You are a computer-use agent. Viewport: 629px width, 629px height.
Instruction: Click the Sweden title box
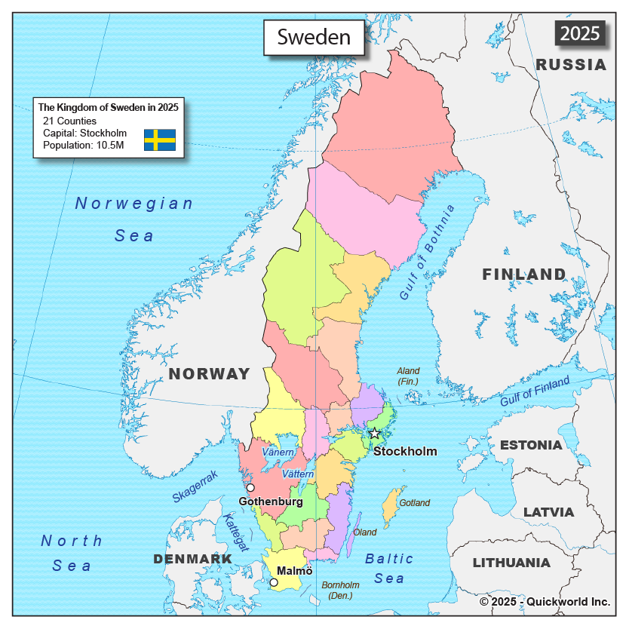314,37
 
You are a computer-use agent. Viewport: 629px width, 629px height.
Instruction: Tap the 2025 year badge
580,33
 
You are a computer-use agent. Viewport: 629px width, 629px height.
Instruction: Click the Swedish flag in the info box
160,140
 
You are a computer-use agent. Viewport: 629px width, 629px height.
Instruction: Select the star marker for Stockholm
375,433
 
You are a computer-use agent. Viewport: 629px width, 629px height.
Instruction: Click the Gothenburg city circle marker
250,488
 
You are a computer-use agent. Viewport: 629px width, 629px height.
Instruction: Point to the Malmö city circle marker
274,582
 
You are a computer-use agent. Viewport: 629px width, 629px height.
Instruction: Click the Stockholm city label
405,451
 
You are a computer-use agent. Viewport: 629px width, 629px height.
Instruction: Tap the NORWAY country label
209,373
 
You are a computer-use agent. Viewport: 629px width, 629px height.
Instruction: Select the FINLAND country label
524,275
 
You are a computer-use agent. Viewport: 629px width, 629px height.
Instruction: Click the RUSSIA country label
571,65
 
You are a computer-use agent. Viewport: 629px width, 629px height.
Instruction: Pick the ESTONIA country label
531,445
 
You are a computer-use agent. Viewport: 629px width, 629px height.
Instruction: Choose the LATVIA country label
548,512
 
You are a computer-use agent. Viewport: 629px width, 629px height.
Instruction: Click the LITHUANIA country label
511,563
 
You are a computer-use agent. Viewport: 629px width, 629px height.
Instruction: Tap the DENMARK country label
193,559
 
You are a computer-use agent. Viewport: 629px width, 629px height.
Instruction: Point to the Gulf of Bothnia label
428,253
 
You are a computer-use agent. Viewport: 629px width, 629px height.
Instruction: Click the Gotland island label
414,502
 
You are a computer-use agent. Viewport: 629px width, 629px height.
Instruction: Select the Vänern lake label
278,452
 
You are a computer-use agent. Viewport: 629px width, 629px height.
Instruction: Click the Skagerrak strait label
195,486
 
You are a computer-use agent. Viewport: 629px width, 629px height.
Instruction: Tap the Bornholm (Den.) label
340,590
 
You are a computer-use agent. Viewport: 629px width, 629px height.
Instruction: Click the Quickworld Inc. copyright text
545,601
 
